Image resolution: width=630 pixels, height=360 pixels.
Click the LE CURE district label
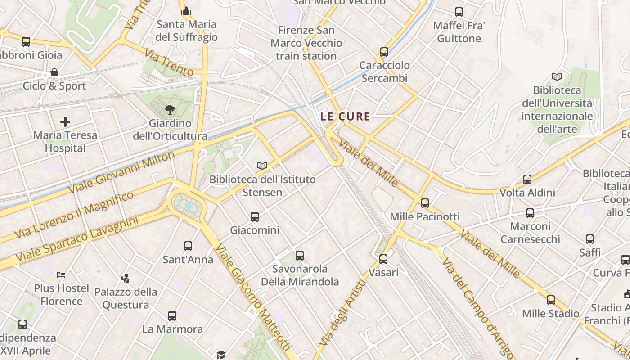tap(345, 117)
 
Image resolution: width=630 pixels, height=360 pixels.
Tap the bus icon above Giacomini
tap(255, 217)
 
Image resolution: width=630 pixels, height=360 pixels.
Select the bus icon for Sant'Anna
tap(188, 246)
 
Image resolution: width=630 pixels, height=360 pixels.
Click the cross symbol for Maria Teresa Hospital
tap(65, 121)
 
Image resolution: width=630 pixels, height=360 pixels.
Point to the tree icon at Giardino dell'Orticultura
tap(170, 109)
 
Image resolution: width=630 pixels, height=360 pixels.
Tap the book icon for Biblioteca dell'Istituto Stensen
tap(262, 166)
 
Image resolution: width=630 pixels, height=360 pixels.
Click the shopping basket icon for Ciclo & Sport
tap(54, 72)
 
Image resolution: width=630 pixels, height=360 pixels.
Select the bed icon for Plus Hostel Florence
tap(61, 274)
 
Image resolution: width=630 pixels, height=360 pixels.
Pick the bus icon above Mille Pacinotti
tap(425, 203)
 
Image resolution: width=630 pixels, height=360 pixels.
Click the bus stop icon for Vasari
tap(383, 259)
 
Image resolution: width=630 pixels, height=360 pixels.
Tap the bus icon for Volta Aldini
tap(527, 180)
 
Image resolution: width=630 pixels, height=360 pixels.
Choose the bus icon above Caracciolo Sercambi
tap(384, 52)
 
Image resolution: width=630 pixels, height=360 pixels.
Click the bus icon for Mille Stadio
tap(551, 300)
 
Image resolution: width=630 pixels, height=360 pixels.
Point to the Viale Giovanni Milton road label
tap(121, 172)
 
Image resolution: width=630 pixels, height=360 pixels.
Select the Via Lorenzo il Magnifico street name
tap(74, 215)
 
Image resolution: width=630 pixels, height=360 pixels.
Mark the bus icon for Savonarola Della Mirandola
tap(300, 256)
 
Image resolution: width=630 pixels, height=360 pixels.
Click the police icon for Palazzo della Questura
tap(126, 279)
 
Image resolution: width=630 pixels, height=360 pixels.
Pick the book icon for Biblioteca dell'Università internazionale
tap(557, 76)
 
